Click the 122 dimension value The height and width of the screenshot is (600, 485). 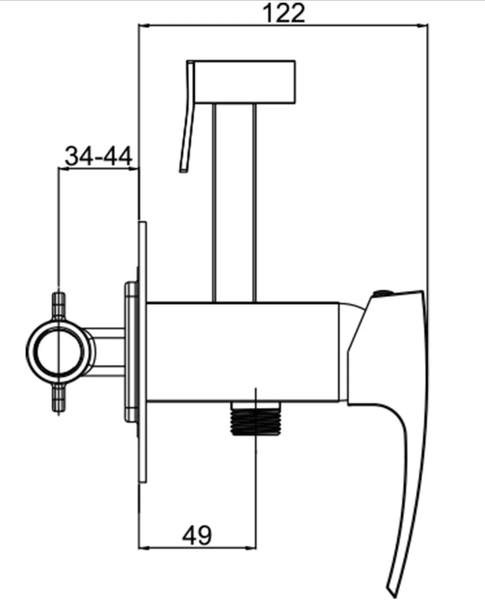tap(284, 13)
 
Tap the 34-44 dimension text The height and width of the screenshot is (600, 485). tap(99, 156)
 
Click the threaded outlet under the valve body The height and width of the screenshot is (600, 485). tap(256, 418)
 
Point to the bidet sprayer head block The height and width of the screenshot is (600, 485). tap(245, 82)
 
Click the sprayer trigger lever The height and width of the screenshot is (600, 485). tap(188, 116)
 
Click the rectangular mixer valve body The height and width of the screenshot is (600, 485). tap(243, 352)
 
